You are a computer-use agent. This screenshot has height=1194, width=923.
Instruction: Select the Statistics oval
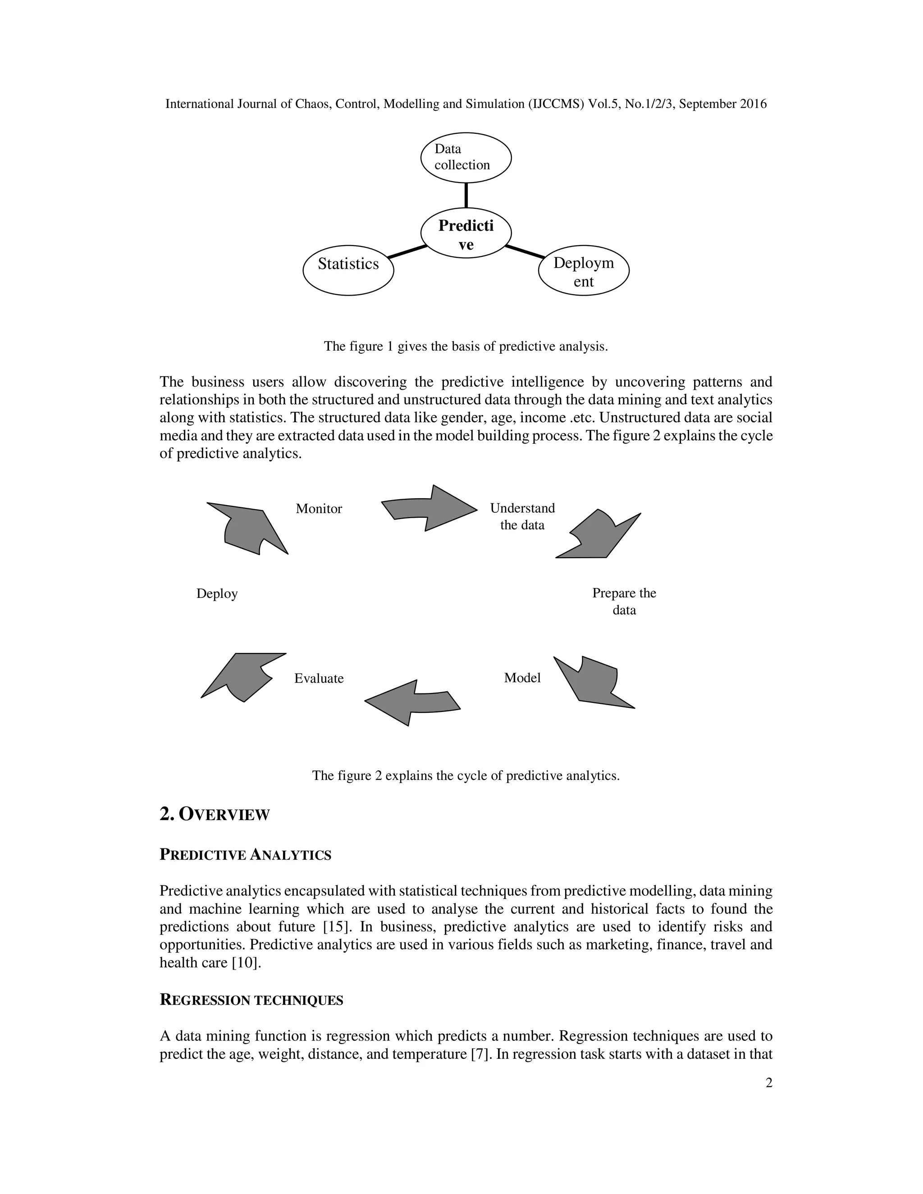(x=348, y=270)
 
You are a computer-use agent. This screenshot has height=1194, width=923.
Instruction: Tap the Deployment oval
(x=584, y=271)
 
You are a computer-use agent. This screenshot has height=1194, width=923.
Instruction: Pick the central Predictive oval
(x=466, y=233)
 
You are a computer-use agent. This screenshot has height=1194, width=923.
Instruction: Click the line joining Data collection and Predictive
(x=466, y=195)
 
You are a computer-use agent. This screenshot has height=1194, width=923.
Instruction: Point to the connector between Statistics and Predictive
(x=407, y=251)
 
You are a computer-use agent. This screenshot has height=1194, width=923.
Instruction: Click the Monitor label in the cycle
(x=319, y=509)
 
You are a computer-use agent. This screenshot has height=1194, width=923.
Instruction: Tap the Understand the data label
(x=522, y=517)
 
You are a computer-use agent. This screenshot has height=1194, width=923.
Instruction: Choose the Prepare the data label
(x=624, y=602)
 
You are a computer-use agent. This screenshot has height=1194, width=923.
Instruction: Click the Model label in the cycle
(x=522, y=678)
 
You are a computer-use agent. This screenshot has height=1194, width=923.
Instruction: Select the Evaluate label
(x=319, y=679)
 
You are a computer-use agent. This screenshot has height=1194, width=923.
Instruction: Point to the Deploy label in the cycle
(x=217, y=594)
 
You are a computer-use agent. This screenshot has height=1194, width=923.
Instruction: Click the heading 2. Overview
(x=215, y=815)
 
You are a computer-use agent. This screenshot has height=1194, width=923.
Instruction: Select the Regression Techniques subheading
(x=251, y=1000)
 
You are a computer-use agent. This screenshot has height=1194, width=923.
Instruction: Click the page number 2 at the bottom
(x=769, y=1083)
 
